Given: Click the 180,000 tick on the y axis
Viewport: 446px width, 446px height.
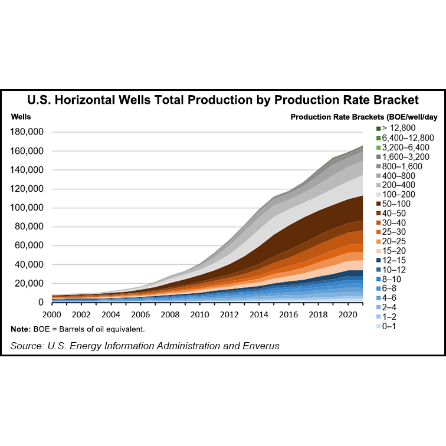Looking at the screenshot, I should tap(28, 132).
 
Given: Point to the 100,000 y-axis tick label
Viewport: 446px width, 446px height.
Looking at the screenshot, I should tap(28, 208).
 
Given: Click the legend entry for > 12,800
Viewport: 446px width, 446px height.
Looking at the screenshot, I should tap(400, 128).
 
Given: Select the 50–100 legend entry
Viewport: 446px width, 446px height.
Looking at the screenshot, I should tap(396, 204).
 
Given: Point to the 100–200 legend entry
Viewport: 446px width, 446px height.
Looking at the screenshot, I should tap(399, 194).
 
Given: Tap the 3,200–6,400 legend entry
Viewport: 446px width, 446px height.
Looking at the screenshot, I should tap(405, 147).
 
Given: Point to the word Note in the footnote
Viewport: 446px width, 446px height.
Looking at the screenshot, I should tap(21, 329).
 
